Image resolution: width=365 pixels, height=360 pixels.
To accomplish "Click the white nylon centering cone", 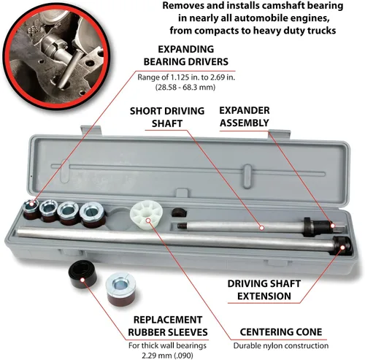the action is (146, 215).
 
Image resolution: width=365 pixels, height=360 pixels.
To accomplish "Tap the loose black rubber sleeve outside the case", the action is (82, 274).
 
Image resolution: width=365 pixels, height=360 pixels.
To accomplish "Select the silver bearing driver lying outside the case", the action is (121, 289).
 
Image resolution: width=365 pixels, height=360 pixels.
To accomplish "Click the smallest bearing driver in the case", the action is (31, 209).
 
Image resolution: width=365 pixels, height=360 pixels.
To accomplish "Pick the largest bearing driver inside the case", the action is (93, 215).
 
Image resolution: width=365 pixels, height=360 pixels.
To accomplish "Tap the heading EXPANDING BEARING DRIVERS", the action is (186, 55).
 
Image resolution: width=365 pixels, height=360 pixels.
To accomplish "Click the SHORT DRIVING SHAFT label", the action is (167, 117).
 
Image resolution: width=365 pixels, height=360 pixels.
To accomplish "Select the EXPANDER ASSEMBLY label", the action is (245, 117).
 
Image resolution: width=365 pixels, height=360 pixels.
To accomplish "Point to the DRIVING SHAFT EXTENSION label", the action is (264, 290).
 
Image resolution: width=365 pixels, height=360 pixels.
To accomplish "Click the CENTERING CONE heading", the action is (281, 332).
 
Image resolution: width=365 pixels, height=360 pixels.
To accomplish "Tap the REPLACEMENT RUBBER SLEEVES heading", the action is (168, 326).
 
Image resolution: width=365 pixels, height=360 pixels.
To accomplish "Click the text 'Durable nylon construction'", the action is (281, 345).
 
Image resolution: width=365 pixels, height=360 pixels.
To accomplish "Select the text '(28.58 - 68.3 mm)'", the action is (185, 87).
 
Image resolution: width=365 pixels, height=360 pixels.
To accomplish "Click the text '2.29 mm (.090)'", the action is (167, 356).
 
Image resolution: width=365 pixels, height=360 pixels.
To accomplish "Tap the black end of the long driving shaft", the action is (342, 246).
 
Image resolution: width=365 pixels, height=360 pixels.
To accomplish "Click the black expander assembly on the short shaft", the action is (319, 226).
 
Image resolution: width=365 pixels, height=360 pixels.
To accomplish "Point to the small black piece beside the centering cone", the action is (180, 212).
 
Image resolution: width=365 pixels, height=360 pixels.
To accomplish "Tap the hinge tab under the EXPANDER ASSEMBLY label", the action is (280, 134).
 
